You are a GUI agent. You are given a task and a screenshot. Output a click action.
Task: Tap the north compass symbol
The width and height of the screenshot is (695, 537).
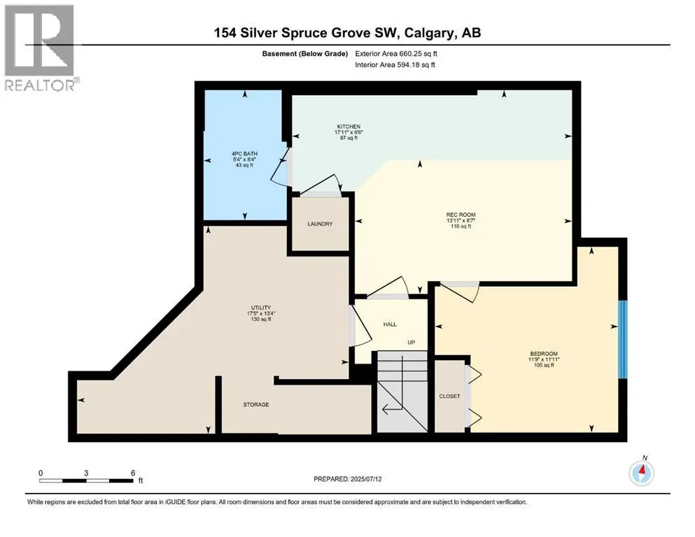click(x=641, y=473)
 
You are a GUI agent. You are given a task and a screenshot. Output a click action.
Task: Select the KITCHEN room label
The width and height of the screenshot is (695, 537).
click(x=347, y=127)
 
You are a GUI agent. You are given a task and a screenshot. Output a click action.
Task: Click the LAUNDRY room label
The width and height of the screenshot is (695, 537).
click(x=319, y=224)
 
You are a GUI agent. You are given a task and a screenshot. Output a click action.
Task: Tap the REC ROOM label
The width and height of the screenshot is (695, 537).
click(x=456, y=215)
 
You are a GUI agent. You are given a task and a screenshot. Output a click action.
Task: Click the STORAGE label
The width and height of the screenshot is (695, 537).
click(x=256, y=405)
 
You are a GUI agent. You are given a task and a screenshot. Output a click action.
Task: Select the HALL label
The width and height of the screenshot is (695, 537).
click(x=390, y=324)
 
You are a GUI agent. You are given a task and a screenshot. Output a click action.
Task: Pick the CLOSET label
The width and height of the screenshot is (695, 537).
click(x=449, y=396)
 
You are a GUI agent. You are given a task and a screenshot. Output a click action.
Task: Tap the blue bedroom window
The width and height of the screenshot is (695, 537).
click(x=621, y=339)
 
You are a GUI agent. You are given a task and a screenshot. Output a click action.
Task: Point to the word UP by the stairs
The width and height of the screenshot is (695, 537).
click(x=413, y=343)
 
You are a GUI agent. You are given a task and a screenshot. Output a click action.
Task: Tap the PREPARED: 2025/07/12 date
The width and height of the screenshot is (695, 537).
click(x=347, y=479)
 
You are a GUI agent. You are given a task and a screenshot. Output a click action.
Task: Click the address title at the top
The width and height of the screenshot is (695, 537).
click(x=347, y=33)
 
